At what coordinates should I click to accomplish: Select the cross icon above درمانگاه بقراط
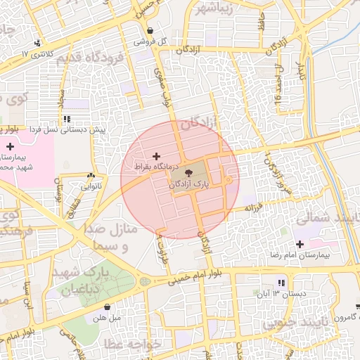click(x=155, y=155)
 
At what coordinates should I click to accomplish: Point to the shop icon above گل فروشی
click(x=150, y=30)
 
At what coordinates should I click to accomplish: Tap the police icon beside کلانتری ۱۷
click(x=37, y=43)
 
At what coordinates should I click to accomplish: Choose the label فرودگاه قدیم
click(x=89, y=56)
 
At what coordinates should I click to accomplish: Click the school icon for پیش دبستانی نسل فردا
click(x=67, y=120)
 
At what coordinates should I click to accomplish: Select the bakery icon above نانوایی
click(x=91, y=176)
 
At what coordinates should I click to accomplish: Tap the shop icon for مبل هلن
click(x=107, y=307)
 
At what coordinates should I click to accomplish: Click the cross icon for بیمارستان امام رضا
click(x=300, y=244)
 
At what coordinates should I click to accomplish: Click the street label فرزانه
click(x=253, y=209)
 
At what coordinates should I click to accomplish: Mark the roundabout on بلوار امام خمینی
click(x=145, y=281)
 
